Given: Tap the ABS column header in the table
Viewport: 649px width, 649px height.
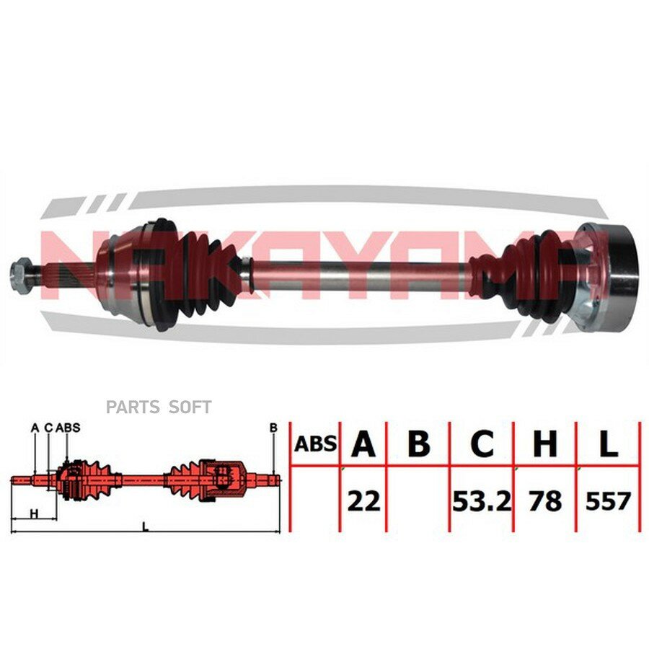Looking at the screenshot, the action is click(315, 444).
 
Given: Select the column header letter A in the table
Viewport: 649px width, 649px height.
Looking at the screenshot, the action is click(363, 443).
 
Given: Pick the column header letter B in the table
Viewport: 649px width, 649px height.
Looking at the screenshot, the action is click(418, 443).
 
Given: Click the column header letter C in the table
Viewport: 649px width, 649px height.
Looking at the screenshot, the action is click(482, 443).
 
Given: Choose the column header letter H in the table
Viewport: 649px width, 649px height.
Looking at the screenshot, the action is click(544, 443).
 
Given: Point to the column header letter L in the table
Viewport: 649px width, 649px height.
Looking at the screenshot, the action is click(608, 443).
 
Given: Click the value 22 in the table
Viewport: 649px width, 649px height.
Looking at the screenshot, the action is click(363, 501).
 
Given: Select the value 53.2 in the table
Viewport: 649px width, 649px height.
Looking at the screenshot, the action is click(482, 501).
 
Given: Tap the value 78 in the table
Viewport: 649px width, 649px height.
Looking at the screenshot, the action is click(545, 501).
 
